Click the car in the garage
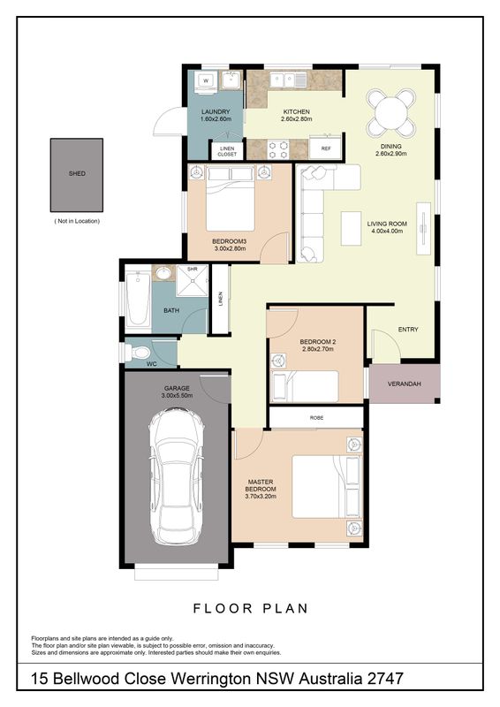point(177,477)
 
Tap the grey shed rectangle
point(77,175)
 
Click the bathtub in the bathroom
point(138,299)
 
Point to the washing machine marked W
point(206,81)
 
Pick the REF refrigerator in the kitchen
point(326,148)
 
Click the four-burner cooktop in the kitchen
point(278,149)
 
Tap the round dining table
point(390,113)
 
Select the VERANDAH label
point(405,384)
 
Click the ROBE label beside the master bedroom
point(316,418)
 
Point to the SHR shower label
point(193,270)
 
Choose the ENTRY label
point(408,330)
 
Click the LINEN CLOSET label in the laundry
point(227,151)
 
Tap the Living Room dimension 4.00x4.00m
point(387,231)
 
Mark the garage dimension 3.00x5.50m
point(177,395)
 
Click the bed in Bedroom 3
point(231,198)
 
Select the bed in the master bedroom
point(327,487)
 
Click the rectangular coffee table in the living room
point(351,228)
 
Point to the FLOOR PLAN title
point(251,609)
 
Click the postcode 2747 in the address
point(385,679)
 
